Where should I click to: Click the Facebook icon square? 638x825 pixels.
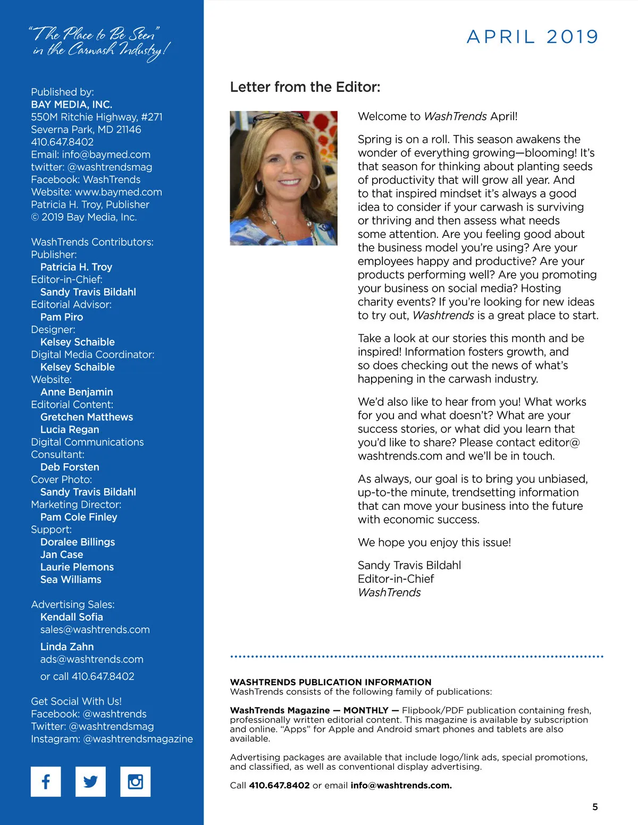pos(46,781)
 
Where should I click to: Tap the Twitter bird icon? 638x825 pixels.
pos(90,781)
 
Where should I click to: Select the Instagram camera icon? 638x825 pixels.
pos(136,781)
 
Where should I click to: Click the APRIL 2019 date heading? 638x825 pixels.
pos(532,37)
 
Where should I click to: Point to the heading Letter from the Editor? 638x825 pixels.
pos(305,87)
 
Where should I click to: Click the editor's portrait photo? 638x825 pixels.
pos(283,178)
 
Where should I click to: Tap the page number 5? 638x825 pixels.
pos(595,807)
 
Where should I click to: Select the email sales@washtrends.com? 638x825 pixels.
pos(95,630)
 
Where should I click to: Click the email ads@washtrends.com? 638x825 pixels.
pos(92,659)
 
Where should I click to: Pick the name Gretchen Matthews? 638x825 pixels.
pos(87,417)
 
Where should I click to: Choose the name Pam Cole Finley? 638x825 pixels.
pos(79,517)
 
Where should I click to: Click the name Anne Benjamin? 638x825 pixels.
pos(77,392)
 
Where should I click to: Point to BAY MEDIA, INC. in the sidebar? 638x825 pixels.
pos(72,105)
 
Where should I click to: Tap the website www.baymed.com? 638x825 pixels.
pos(118,192)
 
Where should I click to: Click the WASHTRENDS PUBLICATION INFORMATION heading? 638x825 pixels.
pos(331,682)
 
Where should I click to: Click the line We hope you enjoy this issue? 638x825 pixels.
pos(434,542)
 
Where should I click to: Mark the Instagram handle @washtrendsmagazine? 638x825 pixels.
pos(138,739)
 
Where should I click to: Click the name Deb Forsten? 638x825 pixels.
pos(70,467)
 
